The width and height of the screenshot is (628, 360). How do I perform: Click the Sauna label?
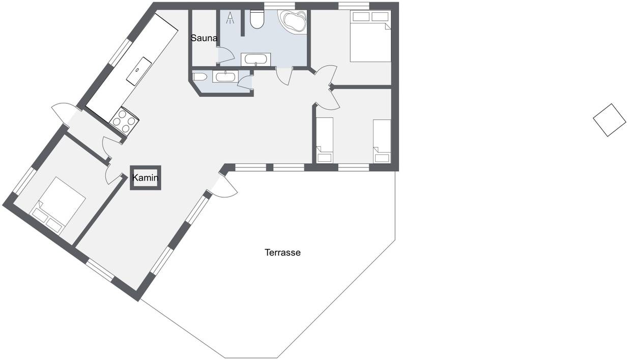(204, 38)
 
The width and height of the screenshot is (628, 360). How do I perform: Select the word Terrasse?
(282, 253)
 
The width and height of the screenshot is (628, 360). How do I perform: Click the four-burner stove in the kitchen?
(124, 121)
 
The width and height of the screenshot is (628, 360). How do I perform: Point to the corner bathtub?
(293, 20)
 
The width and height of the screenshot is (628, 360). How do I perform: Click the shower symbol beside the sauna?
(231, 18)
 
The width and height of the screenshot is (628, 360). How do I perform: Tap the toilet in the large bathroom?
(257, 19)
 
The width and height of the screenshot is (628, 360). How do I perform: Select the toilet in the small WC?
(199, 77)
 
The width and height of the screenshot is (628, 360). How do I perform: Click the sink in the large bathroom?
(255, 60)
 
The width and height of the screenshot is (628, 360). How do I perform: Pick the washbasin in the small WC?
(225, 76)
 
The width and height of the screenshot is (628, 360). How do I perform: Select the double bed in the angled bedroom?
(58, 205)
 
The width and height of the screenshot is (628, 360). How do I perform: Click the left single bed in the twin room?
(325, 140)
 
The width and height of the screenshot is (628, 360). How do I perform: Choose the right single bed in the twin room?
(382, 141)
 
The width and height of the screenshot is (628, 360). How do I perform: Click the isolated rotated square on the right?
(610, 120)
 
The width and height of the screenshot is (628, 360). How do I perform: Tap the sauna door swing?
(226, 55)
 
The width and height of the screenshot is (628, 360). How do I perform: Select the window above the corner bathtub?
(279, 6)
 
